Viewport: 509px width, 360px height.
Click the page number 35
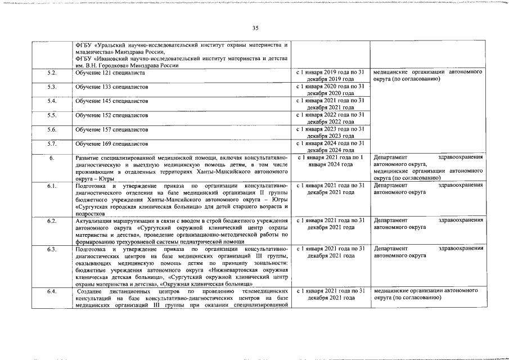click(255, 28)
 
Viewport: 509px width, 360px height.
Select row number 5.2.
click(52, 73)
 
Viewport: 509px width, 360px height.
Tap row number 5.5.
click(52, 115)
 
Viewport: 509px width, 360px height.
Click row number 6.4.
click(52, 291)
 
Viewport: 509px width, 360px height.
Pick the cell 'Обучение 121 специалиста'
click(111, 73)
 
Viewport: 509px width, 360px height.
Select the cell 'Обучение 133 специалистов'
click(112, 87)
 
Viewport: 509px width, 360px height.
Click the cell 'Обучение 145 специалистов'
click(112, 101)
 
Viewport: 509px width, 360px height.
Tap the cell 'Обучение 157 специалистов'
click(112, 129)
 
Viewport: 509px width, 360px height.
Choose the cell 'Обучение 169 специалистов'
click(112, 143)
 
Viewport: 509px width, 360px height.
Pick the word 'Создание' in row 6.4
click(90, 291)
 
